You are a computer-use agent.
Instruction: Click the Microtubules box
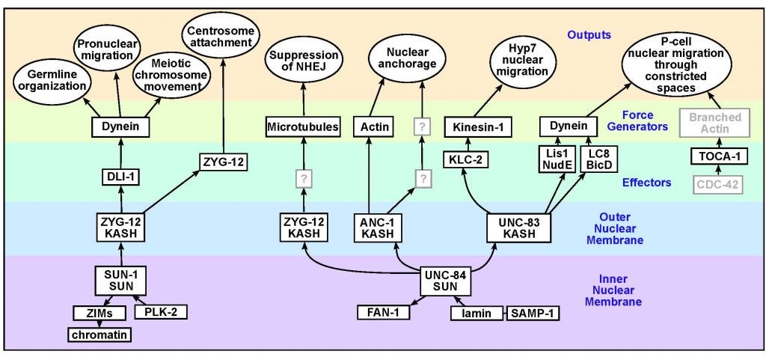pyautogui.click(x=304, y=128)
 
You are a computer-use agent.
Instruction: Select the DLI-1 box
pyautogui.click(x=120, y=177)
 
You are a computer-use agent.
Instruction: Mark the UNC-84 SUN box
pyautogui.click(x=449, y=282)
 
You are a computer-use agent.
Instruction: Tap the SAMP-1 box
pyautogui.click(x=533, y=312)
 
